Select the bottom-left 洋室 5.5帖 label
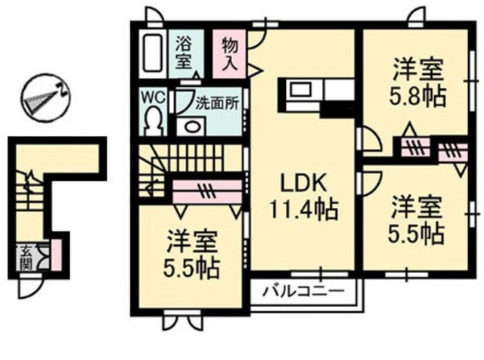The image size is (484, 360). point(192,254)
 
